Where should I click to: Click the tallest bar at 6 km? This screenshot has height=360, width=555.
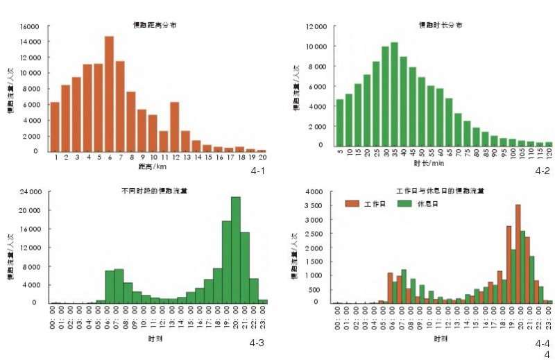point(109,94)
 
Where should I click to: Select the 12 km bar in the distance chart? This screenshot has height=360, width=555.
point(174,127)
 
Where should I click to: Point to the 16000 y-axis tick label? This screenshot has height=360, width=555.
point(30,27)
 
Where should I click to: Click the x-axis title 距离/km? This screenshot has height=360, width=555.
point(152,166)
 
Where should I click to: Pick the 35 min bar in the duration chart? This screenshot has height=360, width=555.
point(394,94)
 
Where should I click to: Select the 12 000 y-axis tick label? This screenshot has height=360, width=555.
point(316,27)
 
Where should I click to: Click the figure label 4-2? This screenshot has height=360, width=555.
point(542,170)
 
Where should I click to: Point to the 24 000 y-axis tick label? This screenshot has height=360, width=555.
point(31,191)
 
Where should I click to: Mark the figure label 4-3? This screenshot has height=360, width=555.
point(258,343)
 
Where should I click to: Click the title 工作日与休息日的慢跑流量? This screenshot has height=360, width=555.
point(440,190)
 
